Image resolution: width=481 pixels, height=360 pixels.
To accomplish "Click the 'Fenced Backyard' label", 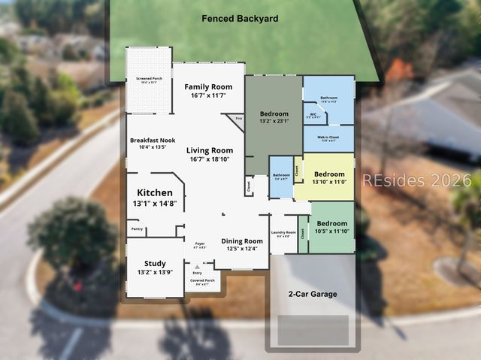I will [x=240, y=17].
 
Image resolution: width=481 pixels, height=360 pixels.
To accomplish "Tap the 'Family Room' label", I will [x=209, y=86].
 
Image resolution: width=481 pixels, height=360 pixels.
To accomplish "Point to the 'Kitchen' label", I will [x=154, y=192].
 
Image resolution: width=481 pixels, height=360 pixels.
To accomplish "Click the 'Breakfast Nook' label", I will [x=152, y=140].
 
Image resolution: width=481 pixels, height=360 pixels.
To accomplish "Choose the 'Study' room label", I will [x=155, y=263].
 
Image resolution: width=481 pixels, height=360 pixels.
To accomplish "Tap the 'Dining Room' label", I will [x=242, y=241].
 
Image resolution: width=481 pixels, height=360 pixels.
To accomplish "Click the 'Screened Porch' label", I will [x=148, y=77].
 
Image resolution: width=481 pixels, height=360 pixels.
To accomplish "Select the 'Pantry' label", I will [x=137, y=228].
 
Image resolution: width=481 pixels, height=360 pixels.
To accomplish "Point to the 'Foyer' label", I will [x=200, y=244].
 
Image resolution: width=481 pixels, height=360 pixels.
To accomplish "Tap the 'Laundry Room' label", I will [x=283, y=233].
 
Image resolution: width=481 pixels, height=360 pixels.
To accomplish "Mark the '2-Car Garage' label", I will [x=313, y=294].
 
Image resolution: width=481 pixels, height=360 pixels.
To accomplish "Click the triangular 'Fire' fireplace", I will [x=238, y=119].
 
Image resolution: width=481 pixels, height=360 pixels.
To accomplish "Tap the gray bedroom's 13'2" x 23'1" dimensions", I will [x=274, y=120].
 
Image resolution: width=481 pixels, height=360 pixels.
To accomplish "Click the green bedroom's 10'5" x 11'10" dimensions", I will [x=331, y=231].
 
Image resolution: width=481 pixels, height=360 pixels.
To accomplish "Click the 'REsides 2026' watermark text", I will [x=416, y=180].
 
